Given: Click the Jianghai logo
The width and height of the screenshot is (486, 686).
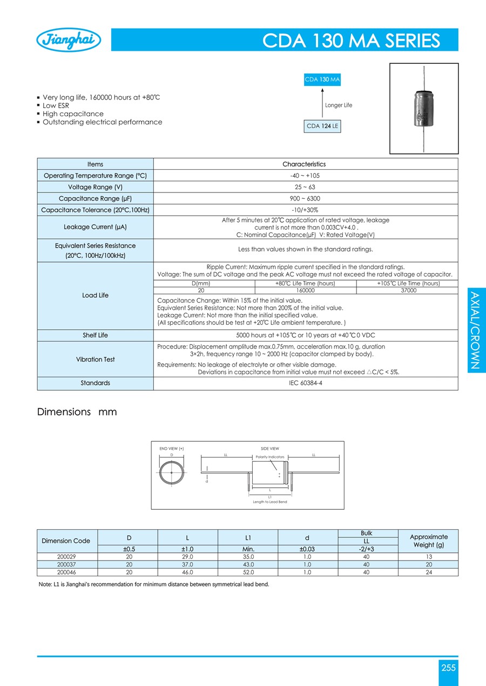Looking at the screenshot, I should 69,41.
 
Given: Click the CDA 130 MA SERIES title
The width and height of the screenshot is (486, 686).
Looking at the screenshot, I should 351,41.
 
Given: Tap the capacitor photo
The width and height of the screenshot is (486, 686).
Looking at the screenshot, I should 423,109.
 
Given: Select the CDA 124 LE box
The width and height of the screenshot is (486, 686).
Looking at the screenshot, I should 323,126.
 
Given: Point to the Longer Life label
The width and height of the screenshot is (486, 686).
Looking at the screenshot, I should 339,105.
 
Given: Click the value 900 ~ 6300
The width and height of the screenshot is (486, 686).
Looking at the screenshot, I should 305,198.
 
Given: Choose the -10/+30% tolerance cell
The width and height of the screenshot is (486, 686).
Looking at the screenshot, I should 305,210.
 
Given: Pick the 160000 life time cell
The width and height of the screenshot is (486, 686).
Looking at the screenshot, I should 305,290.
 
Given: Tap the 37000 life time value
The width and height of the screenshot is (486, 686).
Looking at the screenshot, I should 408,290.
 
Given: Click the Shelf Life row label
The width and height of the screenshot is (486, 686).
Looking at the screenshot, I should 95,335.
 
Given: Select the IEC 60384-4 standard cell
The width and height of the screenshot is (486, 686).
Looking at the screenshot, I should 305,383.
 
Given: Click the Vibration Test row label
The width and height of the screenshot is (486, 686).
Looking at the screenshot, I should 95,359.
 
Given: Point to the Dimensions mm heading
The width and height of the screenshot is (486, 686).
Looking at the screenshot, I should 77,412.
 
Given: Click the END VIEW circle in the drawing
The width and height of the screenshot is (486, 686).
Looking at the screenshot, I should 172,472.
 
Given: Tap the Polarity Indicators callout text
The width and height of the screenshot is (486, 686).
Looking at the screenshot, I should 270,457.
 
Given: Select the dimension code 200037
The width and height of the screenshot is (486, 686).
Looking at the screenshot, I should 66,564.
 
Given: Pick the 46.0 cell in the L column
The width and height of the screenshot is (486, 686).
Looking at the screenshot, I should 187,572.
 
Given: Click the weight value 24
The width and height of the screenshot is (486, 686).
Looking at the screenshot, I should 429,572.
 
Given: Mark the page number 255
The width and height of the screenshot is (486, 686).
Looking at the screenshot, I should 448,668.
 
